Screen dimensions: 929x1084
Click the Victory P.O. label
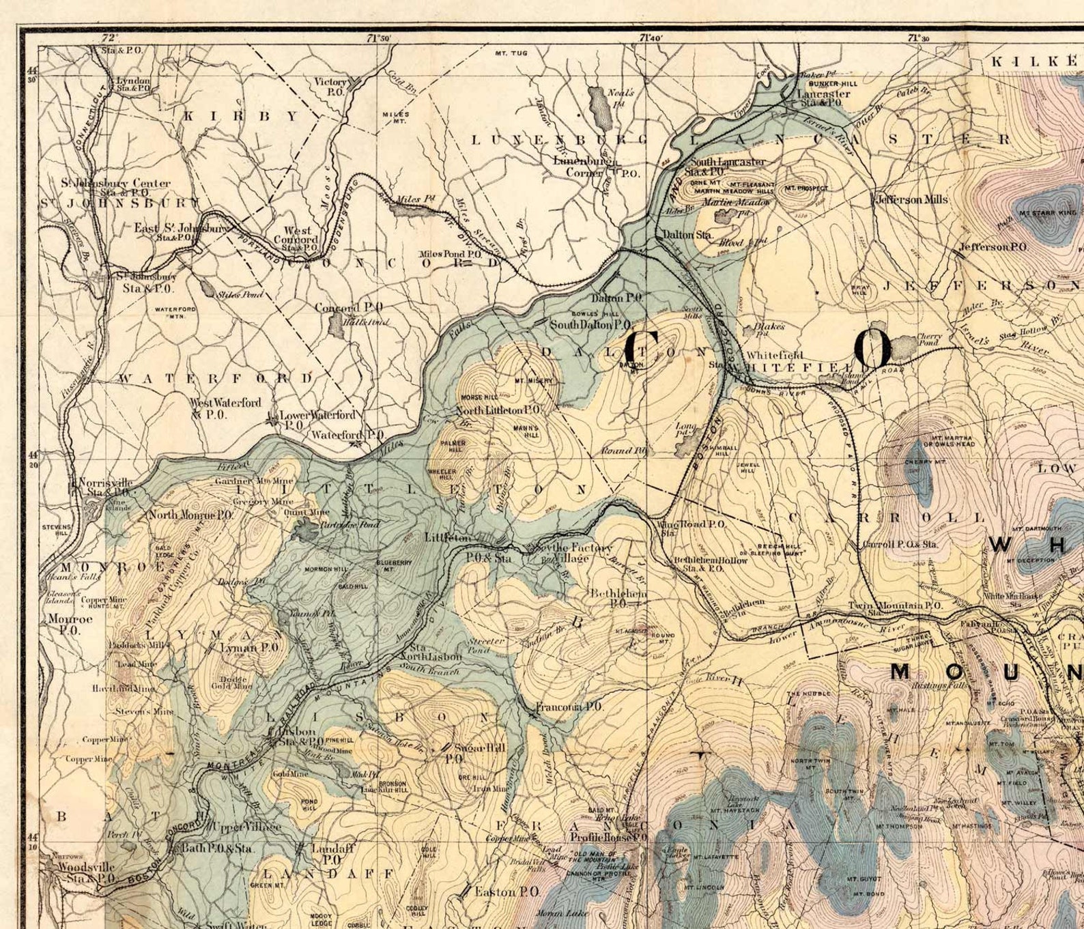(x=331, y=86)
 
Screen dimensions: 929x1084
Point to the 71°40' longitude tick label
(x=651, y=38)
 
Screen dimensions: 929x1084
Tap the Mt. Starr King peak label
(x=1048, y=214)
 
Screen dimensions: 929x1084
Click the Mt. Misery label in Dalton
(x=534, y=380)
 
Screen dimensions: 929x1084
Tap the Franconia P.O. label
(x=568, y=707)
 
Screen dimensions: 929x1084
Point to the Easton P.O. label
(x=507, y=891)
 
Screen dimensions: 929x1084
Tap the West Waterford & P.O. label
(x=225, y=408)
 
